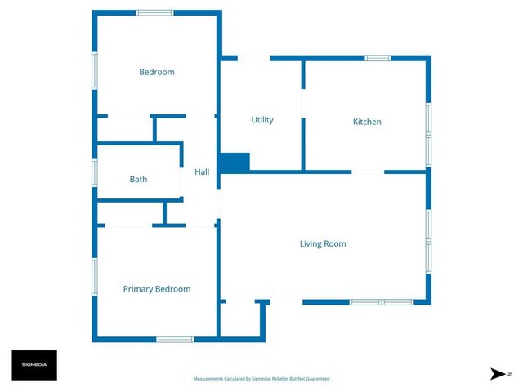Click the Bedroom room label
[x=156, y=72]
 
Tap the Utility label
[x=261, y=120]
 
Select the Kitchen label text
[x=367, y=122]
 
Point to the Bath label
[x=138, y=179]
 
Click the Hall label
[x=202, y=172]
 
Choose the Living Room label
[x=323, y=243]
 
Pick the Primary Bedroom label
[x=156, y=289]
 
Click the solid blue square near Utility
[x=235, y=163]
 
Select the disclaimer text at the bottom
[x=261, y=379]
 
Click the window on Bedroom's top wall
[x=154, y=13]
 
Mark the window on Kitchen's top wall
[x=378, y=58]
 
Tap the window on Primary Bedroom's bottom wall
[x=175, y=339]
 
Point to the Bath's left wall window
[x=95, y=172]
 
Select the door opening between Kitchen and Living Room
[x=367, y=171]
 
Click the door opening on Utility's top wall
[x=253, y=58]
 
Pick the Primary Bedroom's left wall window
[x=95, y=278]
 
